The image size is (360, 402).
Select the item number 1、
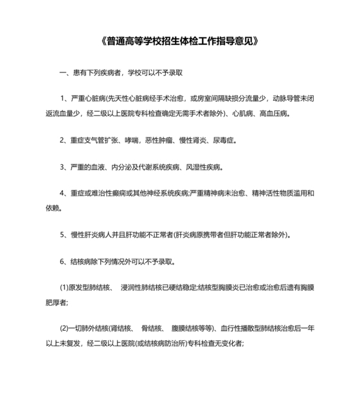click(x=65, y=98)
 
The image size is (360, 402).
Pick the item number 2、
click(x=65, y=140)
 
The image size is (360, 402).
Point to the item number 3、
click(x=65, y=167)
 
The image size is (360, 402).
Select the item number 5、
click(x=65, y=235)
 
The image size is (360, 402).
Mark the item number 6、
click(x=65, y=261)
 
